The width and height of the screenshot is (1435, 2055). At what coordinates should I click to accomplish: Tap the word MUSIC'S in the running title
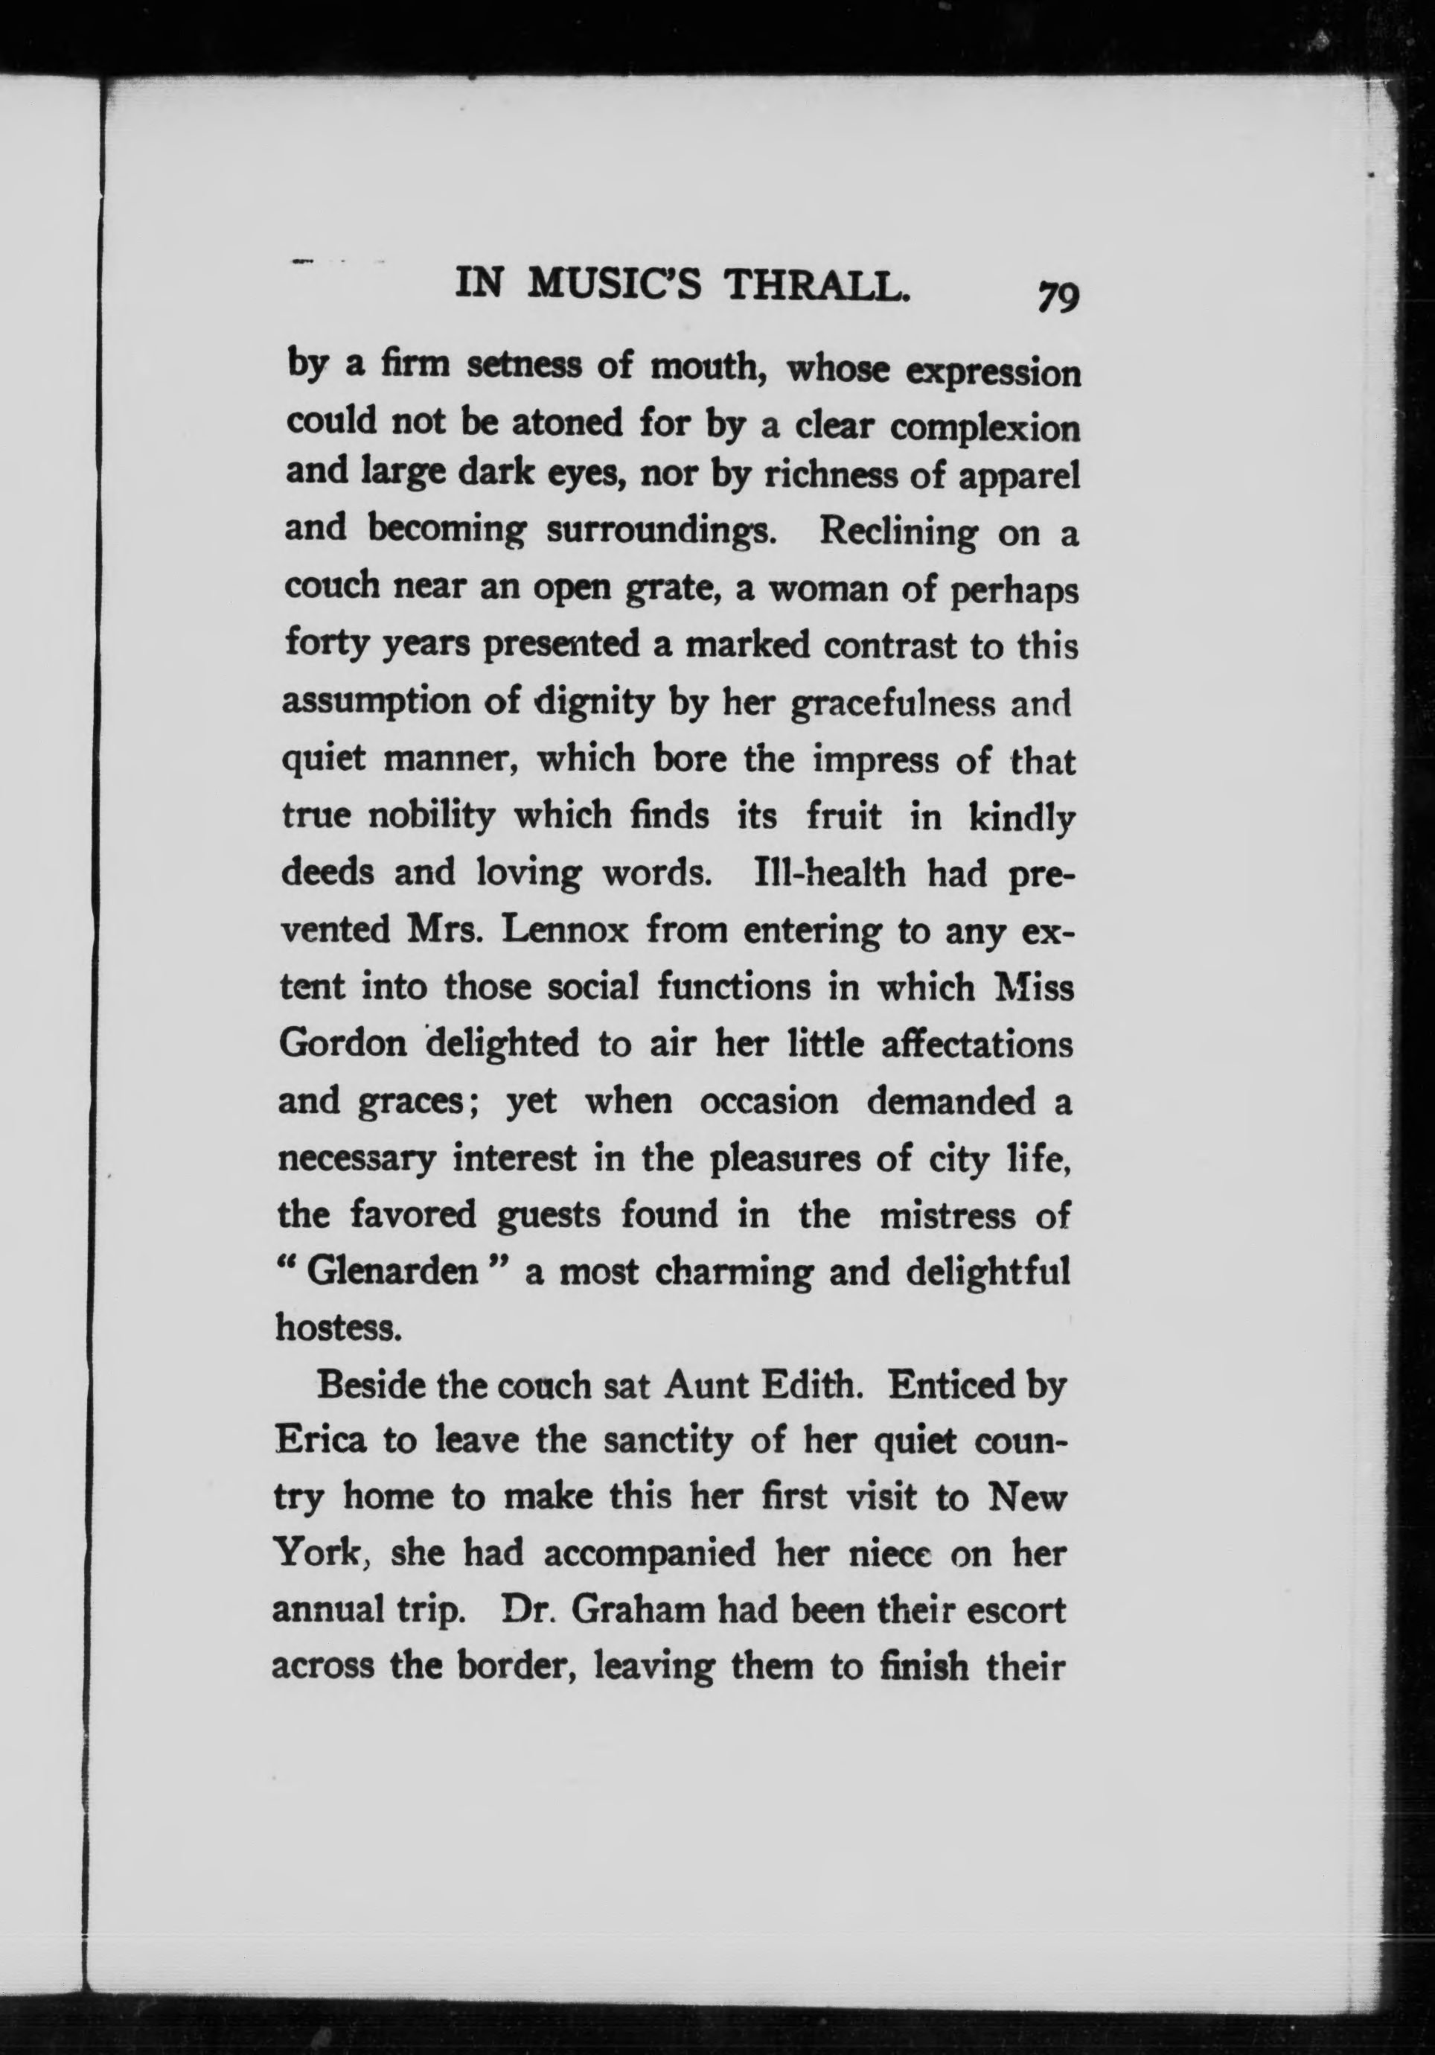pyautogui.click(x=616, y=284)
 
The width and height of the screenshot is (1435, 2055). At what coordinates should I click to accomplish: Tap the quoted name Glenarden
pyautogui.click(x=391, y=1272)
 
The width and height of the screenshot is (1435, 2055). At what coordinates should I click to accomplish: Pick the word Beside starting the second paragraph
pyautogui.click(x=371, y=1386)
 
